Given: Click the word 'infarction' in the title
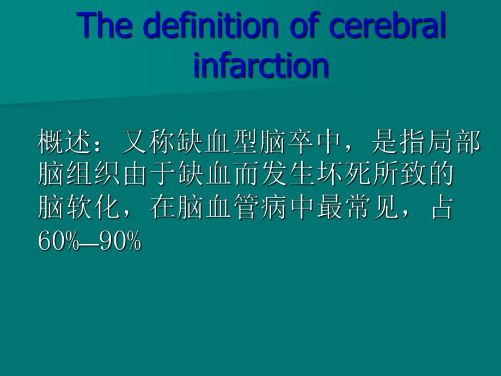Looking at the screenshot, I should click(x=261, y=65).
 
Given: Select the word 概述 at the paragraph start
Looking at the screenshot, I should click(x=66, y=143).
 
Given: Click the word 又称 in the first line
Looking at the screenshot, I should click(x=150, y=143).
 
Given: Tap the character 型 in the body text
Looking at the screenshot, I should click(x=247, y=143).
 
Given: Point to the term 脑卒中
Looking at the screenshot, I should click(x=302, y=143).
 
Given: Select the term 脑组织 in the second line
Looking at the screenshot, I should click(x=80, y=176).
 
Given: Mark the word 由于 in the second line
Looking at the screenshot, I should click(x=150, y=176).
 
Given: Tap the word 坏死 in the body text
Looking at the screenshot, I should click(x=344, y=176).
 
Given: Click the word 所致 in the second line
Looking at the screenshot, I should click(x=400, y=176).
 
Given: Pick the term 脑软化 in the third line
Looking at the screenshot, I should click(x=80, y=209).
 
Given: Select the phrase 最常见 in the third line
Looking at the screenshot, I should click(x=358, y=209).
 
